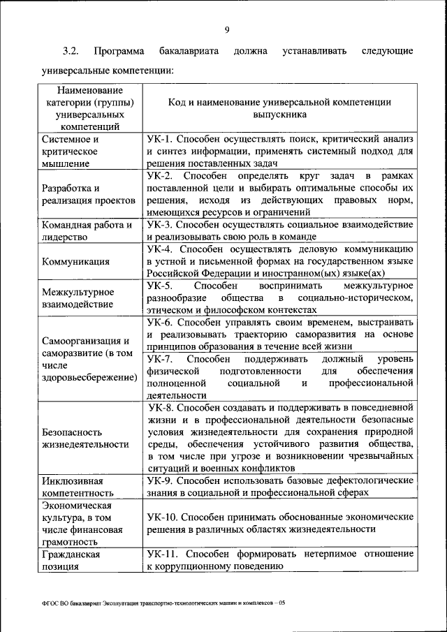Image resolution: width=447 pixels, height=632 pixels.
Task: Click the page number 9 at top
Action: [x=228, y=29]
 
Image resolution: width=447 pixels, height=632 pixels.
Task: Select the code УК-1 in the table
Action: [x=159, y=138]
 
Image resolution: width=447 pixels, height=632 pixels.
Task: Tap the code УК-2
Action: [x=160, y=175]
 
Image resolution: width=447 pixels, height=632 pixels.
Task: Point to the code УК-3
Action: [x=159, y=225]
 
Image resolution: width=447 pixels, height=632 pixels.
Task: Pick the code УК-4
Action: [x=159, y=249]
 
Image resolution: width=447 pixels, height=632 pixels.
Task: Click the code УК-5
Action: [x=160, y=286]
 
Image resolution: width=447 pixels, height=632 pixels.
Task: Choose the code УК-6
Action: [x=159, y=323]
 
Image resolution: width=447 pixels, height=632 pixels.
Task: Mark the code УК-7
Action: [x=160, y=359]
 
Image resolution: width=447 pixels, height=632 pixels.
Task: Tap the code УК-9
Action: [x=159, y=481]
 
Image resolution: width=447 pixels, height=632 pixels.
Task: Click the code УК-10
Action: [x=162, y=517]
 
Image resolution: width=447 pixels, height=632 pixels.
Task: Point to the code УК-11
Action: [x=162, y=554]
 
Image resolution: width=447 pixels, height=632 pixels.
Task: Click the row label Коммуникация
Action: [x=75, y=261]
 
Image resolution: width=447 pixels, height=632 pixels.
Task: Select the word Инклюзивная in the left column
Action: [x=73, y=481]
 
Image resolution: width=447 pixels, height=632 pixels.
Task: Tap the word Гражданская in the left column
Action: [x=71, y=554]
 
